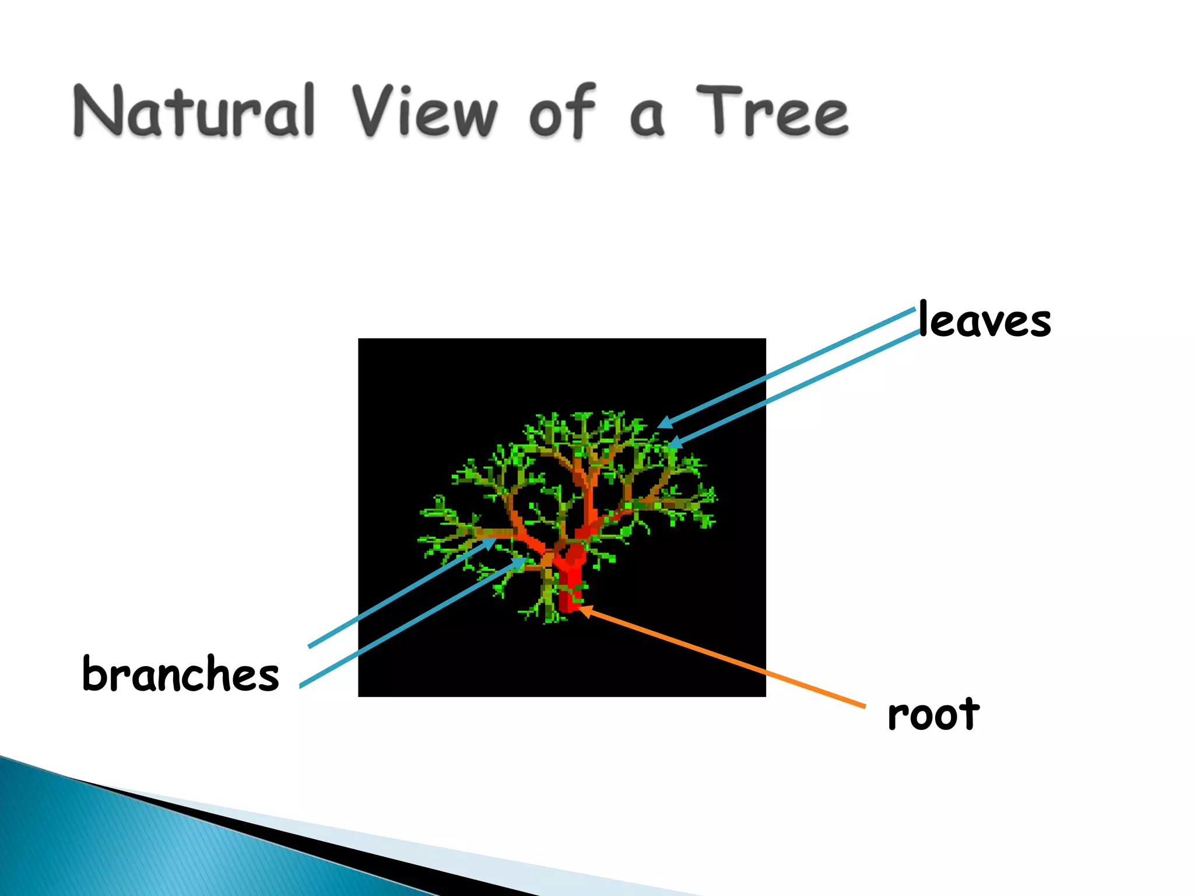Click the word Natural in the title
194,111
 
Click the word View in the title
424,111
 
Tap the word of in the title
563,111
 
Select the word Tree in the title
772,111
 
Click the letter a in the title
647,117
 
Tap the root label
933,715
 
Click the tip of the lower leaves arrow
669,446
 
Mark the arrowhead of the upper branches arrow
494,540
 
